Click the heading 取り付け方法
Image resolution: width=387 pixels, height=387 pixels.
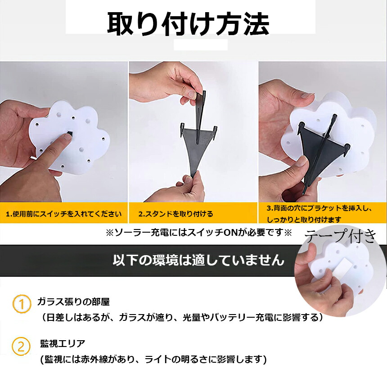pyautogui.click(x=188, y=24)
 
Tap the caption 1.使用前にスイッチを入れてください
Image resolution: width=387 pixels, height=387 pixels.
pyautogui.click(x=64, y=214)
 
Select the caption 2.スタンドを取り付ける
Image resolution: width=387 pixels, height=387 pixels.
pyautogui.click(x=175, y=214)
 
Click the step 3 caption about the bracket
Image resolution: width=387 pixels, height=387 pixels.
pyautogui.click(x=319, y=214)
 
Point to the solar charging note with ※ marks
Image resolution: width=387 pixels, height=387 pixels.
pyautogui.click(x=199, y=233)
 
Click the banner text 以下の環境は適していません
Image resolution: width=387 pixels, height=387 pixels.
pyautogui.click(x=198, y=260)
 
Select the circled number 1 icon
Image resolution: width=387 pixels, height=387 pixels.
pyautogui.click(x=22, y=304)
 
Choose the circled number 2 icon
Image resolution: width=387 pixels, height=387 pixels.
pyautogui.click(x=21, y=346)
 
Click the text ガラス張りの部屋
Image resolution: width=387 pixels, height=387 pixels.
pyautogui.click(x=73, y=301)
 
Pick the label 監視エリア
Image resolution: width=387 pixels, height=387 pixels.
pyautogui.click(x=63, y=343)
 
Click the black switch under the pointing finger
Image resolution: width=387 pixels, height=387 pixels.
pyautogui.click(x=70, y=134)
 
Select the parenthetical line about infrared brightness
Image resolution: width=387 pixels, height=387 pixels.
pyautogui.click(x=153, y=360)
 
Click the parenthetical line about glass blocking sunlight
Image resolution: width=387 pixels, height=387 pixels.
pyautogui.click(x=182, y=317)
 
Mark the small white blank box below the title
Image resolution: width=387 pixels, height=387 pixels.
pyautogui.click(x=201, y=45)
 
